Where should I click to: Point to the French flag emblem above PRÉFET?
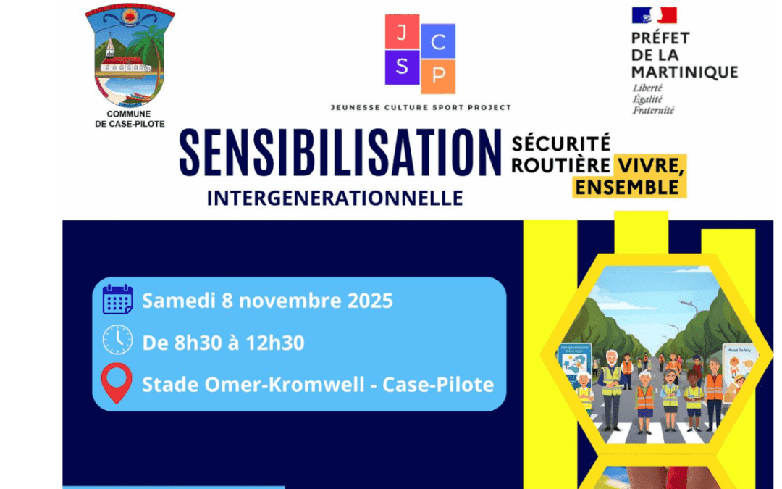click(x=654, y=15)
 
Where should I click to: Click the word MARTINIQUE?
click(x=684, y=72)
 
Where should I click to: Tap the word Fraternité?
click(x=653, y=110)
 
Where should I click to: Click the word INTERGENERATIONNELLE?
click(x=335, y=198)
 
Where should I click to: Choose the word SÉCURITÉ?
click(x=560, y=143)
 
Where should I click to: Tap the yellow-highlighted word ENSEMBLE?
click(x=628, y=188)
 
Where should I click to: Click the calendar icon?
click(x=117, y=300)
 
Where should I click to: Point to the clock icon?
click(x=117, y=340)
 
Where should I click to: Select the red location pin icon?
click(x=117, y=383)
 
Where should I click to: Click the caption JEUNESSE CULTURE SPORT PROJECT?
click(x=421, y=107)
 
